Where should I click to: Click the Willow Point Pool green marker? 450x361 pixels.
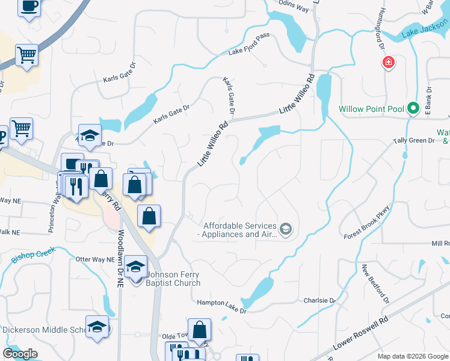[413, 109]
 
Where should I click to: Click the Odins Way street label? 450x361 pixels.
[294, 7]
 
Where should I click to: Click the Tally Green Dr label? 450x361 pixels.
[413, 140]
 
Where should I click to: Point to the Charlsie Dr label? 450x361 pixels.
[319, 300]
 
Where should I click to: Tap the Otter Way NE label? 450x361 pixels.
[94, 259]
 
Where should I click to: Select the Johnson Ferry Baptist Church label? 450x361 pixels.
[173, 279]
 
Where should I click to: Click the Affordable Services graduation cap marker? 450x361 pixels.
[286, 229]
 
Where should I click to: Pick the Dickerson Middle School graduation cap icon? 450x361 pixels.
[96, 327]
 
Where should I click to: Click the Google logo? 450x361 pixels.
[20, 354]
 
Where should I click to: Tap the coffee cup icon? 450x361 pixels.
[29, 7]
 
